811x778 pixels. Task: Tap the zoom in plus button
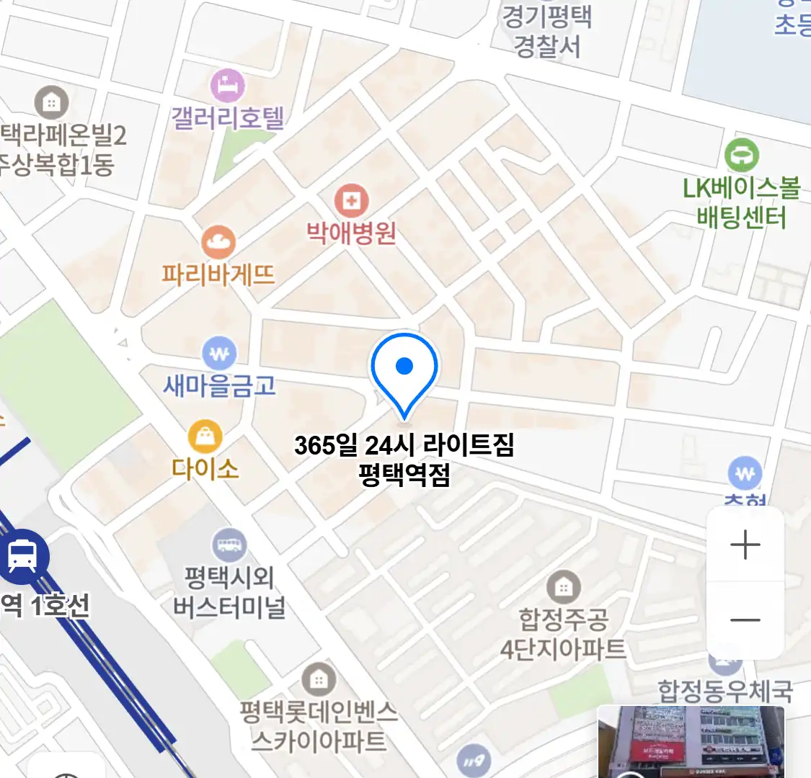coord(745,545)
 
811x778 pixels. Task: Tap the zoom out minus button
coord(745,620)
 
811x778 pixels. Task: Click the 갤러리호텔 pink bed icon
coord(228,86)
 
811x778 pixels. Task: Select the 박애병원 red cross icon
coord(352,201)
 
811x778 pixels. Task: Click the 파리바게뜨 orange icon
coord(218,243)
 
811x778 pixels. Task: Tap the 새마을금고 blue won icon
coord(219,354)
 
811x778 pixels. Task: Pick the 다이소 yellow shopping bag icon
coord(205,436)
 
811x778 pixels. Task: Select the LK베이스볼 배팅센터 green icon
coord(742,155)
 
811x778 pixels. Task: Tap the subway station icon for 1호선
coord(23,556)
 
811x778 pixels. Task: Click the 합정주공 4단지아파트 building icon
coord(564,587)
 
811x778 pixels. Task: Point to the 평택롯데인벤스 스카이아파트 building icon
coord(318,679)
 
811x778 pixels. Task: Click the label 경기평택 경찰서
coord(547,32)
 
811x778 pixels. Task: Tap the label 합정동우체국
coord(724,692)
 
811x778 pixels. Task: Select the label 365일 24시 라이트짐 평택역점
coord(404,460)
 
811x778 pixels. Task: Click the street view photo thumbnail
coord(691,742)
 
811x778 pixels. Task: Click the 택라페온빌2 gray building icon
coord(51,102)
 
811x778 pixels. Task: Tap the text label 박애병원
coord(352,233)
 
